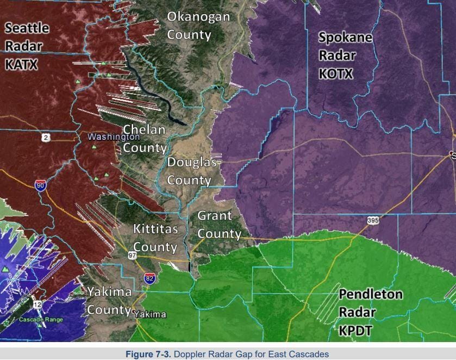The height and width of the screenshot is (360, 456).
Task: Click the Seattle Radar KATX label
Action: coord(27,46)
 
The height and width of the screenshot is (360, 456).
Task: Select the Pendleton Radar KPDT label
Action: coord(371,312)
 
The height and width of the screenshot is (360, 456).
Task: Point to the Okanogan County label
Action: coord(198,26)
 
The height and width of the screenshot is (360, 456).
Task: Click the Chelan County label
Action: coord(145,139)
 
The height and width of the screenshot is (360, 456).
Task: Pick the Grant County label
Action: coord(218,225)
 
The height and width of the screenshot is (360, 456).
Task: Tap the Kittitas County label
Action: coord(155,238)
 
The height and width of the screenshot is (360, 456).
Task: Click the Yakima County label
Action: coord(109,301)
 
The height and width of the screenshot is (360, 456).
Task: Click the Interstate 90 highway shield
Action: coord(40,185)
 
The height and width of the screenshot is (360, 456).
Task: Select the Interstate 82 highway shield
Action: coord(150,278)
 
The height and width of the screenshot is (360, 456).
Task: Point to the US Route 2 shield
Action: coord(46,138)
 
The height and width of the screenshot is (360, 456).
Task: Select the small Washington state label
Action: coord(106,137)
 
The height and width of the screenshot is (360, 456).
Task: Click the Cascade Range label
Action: coord(41,320)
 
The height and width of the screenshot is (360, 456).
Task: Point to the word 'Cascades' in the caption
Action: coord(310,355)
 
